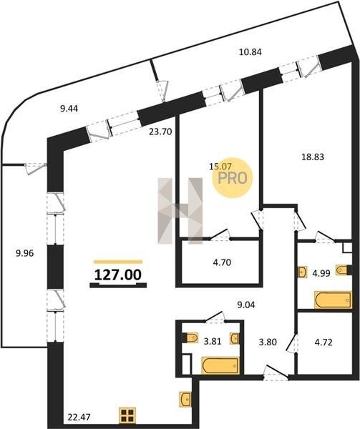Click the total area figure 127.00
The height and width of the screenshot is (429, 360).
point(117,275)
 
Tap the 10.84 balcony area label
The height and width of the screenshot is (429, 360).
point(250,51)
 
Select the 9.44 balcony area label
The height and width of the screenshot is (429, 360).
point(69,109)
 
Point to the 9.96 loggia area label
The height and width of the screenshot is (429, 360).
point(24,253)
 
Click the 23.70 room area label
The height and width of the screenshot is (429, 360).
point(160,132)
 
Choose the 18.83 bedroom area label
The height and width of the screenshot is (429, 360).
point(312,157)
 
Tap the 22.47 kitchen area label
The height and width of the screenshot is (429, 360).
point(79,417)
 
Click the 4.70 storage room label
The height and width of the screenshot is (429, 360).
point(222,262)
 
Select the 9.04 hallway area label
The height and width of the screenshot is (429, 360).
point(245,305)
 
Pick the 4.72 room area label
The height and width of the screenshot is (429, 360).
point(323,342)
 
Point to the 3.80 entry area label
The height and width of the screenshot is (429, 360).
point(268,342)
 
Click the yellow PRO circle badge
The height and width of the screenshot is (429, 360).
point(233,178)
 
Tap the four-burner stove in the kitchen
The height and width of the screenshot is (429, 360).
point(127,415)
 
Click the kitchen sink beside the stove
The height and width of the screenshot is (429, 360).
point(185,399)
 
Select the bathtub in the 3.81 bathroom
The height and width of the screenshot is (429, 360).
point(220,365)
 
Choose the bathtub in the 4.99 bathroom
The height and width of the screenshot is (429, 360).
point(334,300)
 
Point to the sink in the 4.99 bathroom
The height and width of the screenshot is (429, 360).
point(302,272)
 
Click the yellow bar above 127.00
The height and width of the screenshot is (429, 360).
point(118,262)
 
